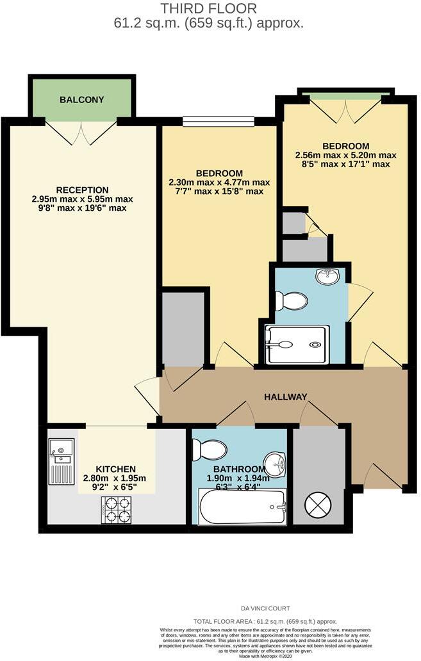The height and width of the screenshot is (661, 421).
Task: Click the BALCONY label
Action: point(81,100)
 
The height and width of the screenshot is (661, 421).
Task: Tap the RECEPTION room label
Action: point(81,190)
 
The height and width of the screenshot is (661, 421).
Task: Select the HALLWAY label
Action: point(286,397)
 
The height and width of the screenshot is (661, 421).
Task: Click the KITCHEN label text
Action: point(115,469)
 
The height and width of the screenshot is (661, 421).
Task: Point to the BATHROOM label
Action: point(240,469)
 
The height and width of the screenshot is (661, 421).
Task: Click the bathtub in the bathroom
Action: point(242,507)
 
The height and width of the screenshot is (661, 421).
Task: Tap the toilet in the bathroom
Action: point(205,450)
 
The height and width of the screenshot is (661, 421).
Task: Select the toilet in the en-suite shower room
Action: point(292,300)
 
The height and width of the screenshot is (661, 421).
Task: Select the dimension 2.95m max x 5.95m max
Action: point(81,199)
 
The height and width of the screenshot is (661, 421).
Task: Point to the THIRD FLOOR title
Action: point(209,8)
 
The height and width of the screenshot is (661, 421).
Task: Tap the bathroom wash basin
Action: point(276,460)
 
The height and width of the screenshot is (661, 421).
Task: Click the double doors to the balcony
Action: point(81,131)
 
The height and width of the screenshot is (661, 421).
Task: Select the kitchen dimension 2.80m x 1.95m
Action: point(115,478)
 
